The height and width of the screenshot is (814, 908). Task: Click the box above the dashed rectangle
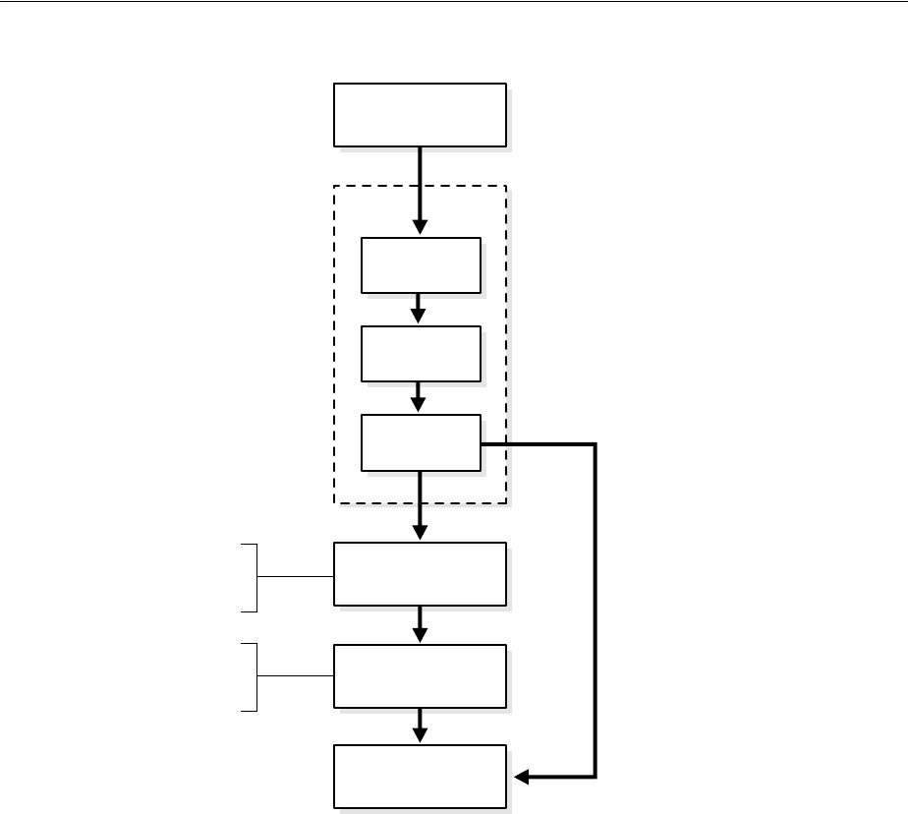click(420, 115)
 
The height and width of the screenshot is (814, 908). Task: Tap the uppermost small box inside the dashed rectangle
click(421, 264)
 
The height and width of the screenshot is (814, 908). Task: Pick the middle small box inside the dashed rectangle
click(421, 353)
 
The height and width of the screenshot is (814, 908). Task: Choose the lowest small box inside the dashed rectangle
click(421, 442)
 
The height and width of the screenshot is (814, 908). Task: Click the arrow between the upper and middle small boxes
click(419, 309)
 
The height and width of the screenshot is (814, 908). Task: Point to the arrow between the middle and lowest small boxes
click(419, 397)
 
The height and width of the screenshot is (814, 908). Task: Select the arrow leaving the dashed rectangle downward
click(420, 506)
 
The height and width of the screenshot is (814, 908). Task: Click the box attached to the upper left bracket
click(420, 573)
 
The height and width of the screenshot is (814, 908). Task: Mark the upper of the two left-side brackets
click(255, 577)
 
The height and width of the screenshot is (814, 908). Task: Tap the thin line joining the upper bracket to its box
click(295, 577)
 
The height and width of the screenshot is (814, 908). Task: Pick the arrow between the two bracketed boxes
click(420, 624)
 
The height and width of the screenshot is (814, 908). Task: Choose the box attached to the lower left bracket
click(420, 675)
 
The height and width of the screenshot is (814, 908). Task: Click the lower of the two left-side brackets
click(255, 676)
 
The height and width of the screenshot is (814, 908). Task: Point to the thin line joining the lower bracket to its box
click(295, 676)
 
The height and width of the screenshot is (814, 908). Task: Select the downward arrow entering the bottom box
click(420, 726)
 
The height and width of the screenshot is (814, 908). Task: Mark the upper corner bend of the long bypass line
click(595, 444)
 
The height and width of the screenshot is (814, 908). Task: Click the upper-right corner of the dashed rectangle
click(506, 186)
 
